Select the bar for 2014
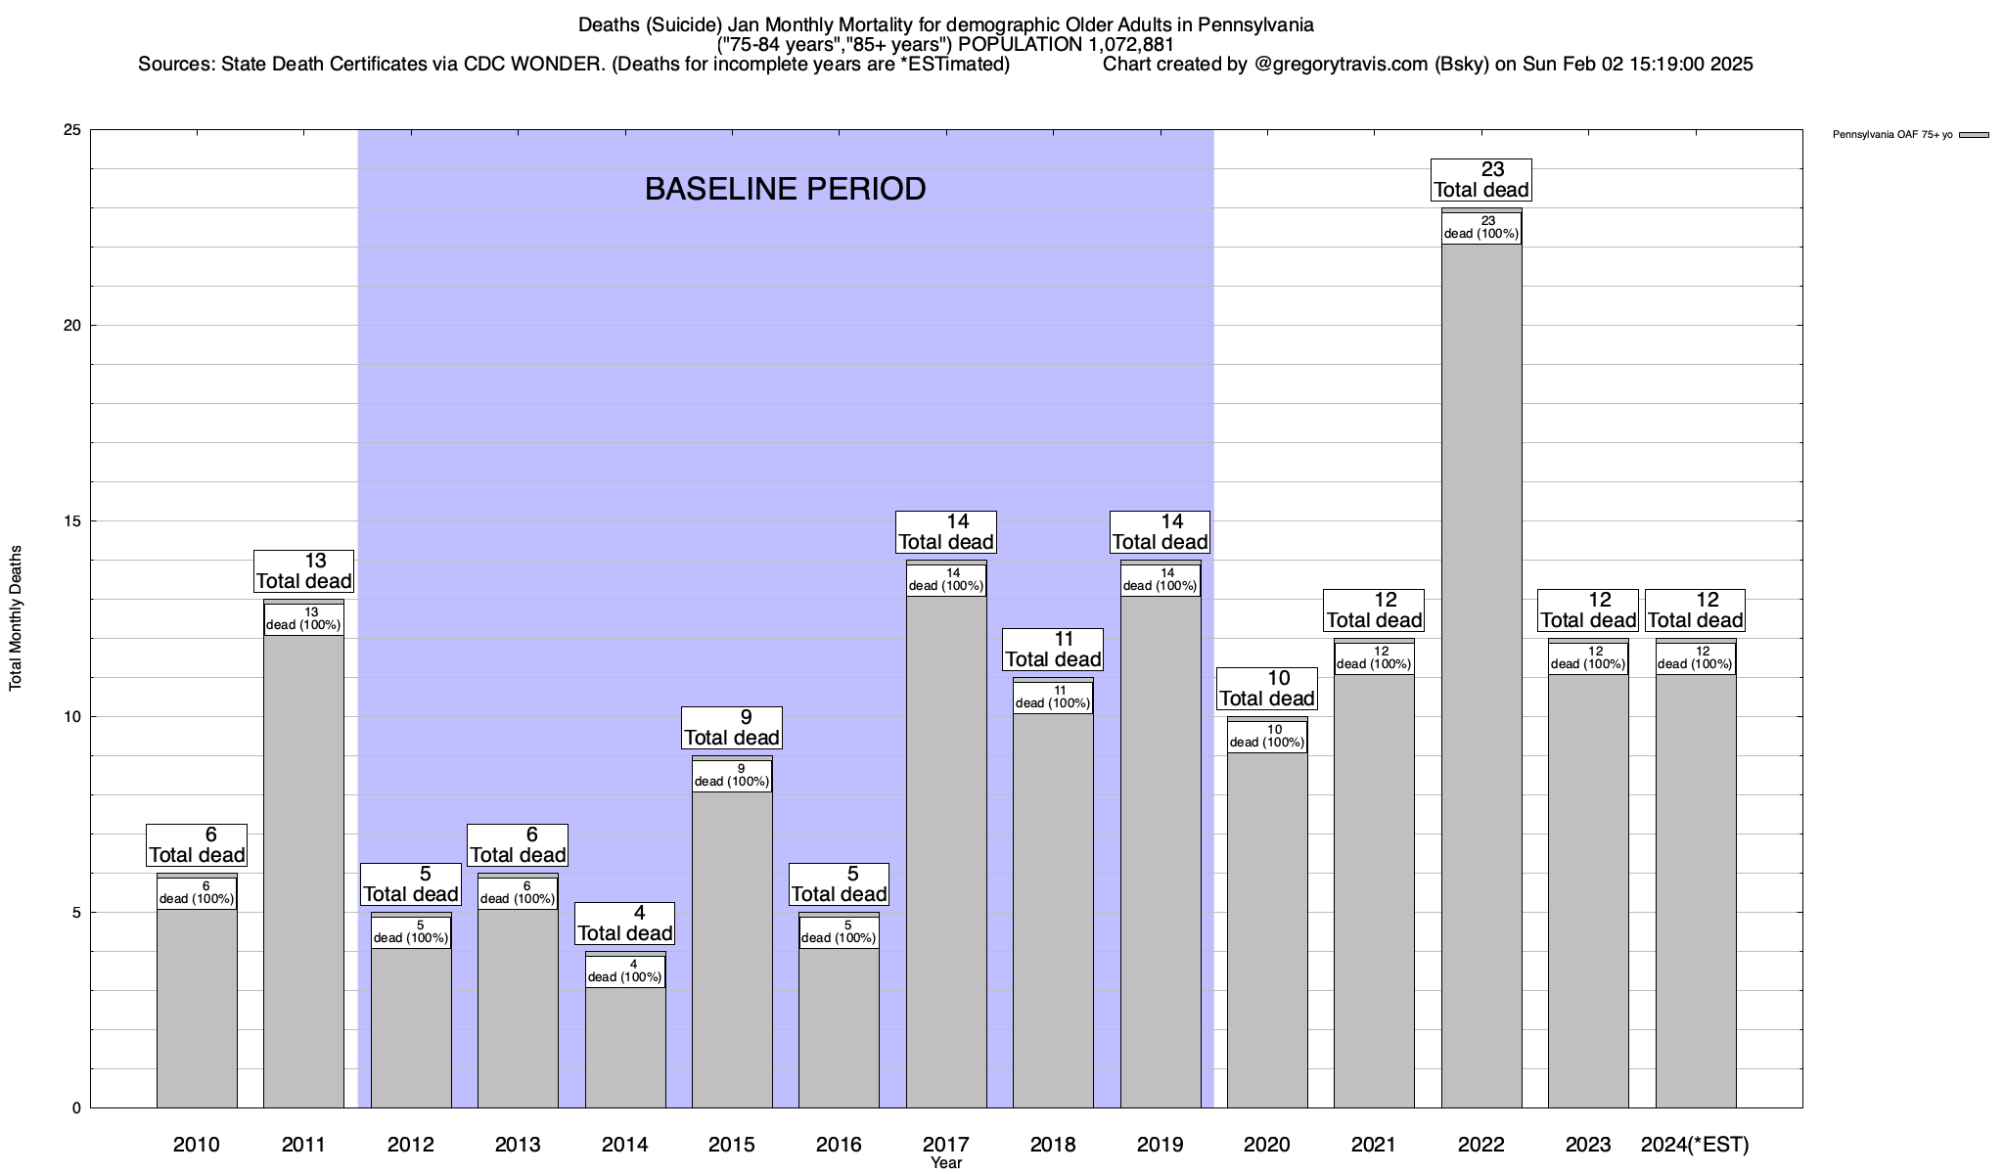tap(625, 1047)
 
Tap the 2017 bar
tap(946, 851)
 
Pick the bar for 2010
tap(197, 1008)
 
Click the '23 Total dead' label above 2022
tap(1480, 180)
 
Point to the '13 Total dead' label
tap(303, 571)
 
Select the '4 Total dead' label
tap(624, 924)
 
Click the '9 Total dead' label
tap(732, 728)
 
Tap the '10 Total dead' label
tap(1266, 689)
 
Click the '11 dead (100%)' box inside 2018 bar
tap(1053, 698)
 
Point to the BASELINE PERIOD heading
tap(785, 189)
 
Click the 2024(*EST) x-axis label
tap(1695, 1145)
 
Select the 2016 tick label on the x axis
tap(839, 1145)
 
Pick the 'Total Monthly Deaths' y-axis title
tap(16, 618)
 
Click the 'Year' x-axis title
tap(946, 1163)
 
